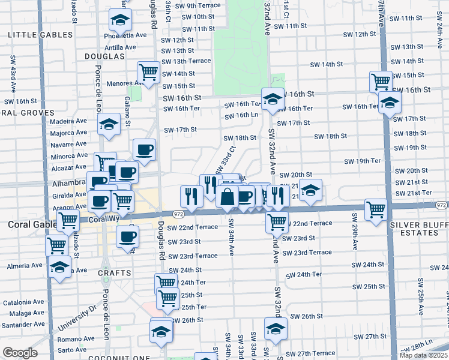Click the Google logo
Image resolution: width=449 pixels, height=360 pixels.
click(20, 352)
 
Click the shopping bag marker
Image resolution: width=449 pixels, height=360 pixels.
click(228, 197)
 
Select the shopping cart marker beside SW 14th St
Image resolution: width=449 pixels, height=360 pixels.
click(148, 73)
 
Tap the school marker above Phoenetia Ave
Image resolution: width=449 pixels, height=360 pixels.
click(121, 21)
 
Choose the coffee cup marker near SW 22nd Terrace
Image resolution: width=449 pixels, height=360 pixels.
click(127, 237)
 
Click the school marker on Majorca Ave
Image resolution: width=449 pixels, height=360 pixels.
click(109, 125)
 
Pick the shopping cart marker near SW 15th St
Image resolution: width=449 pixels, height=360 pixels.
click(381, 81)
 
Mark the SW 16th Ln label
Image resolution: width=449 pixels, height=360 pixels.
click(246, 115)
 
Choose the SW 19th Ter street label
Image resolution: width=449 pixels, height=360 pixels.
click(363, 161)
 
